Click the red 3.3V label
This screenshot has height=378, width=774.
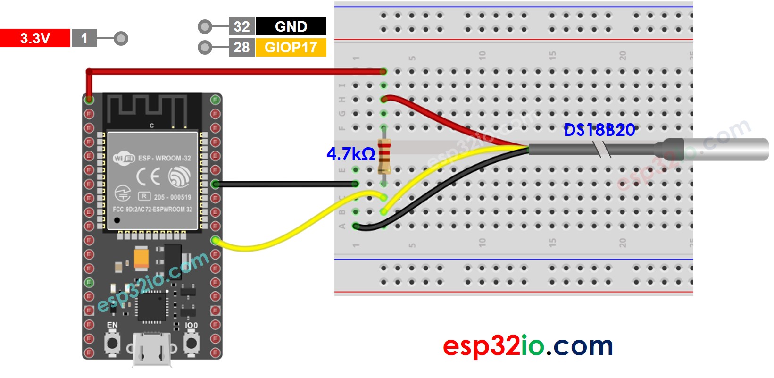coord(35,38)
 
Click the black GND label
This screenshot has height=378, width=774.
coord(291,26)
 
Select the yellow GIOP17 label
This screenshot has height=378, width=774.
coord(291,48)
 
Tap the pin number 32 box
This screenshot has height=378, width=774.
coord(241,26)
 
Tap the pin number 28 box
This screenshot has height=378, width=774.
coord(241,48)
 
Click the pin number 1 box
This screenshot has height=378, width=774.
coord(84,38)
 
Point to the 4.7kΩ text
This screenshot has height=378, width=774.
coord(350,154)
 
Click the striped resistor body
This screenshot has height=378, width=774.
coord(384,156)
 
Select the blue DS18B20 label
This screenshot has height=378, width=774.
coord(599,130)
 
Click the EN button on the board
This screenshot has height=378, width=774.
coord(112,343)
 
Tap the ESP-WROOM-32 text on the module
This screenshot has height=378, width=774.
coord(164,159)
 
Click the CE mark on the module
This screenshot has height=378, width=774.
coord(148,177)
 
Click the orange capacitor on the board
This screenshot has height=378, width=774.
coord(141,258)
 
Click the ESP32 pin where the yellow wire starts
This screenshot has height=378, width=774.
coord(216,241)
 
